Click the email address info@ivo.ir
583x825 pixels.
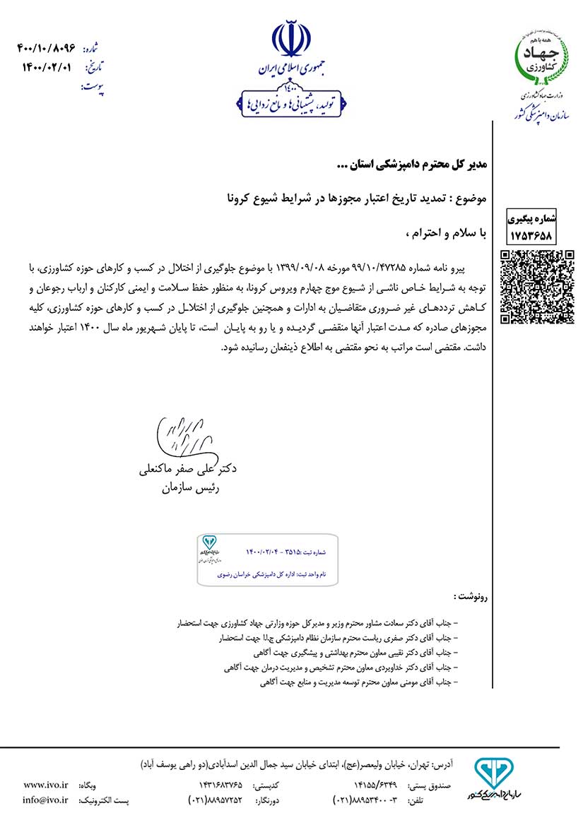click(x=45, y=800)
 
